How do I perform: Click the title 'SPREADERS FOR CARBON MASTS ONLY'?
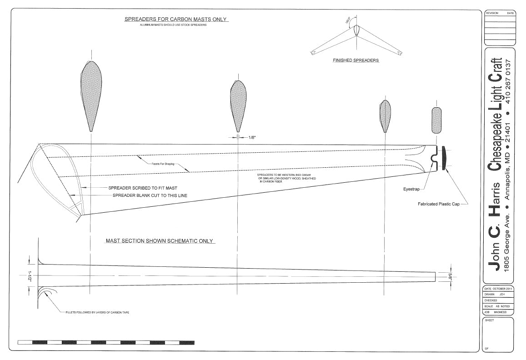pos(176,20)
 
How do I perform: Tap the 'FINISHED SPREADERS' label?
pos(356,60)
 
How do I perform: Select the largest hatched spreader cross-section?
pos(91,93)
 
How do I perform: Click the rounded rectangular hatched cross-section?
pos(436,120)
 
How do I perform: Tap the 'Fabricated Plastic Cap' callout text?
pos(439,204)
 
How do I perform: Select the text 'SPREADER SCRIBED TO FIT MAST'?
pos(143,188)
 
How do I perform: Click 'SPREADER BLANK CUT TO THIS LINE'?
pos(150,195)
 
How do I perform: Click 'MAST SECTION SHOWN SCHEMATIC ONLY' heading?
pos(160,241)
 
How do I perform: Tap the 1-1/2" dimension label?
pos(30,276)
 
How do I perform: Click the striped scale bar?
pos(107,342)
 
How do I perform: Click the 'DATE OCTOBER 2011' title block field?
pos(499,289)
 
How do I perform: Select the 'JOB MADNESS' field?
pos(496,312)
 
